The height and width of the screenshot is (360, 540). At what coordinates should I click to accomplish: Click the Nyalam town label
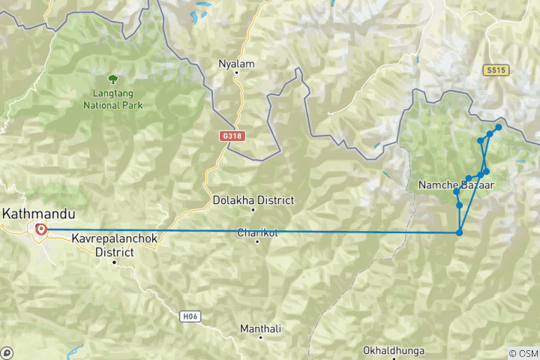pyautogui.click(x=236, y=64)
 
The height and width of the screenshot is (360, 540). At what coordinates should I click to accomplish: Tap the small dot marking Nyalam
pyautogui.click(x=236, y=73)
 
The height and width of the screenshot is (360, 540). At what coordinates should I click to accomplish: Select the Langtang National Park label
pyautogui.click(x=112, y=100)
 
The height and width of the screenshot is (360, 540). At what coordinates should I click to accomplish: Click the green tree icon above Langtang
pyautogui.click(x=112, y=78)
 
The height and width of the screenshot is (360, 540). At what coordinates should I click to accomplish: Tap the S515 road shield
pyautogui.click(x=495, y=70)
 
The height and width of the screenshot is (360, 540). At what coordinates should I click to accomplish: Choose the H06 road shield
pyautogui.click(x=190, y=316)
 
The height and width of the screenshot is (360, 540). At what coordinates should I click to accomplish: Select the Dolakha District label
pyautogui.click(x=243, y=201)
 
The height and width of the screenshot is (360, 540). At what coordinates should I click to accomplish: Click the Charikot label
pyautogui.click(x=257, y=232)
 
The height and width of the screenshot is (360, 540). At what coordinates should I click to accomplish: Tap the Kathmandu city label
pyautogui.click(x=38, y=214)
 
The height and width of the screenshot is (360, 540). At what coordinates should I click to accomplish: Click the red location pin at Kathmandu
pyautogui.click(x=40, y=230)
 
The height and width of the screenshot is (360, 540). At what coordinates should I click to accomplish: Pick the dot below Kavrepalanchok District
pyautogui.click(x=114, y=262)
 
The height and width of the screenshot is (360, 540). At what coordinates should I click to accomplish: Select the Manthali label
pyautogui.click(x=259, y=328)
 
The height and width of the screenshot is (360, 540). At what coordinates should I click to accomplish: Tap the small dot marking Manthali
pyautogui.click(x=259, y=338)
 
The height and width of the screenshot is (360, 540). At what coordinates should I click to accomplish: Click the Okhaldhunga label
pyautogui.click(x=393, y=350)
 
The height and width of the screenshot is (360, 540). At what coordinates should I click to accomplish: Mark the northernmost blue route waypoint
pyautogui.click(x=498, y=127)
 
